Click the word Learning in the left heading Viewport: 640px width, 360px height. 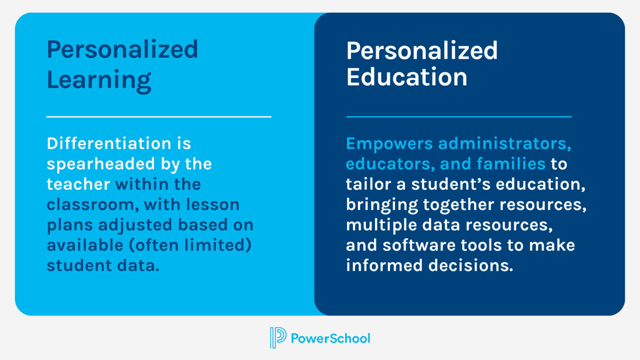[99, 80]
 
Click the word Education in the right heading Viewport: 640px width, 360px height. [407, 77]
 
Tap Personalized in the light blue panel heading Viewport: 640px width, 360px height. [122, 50]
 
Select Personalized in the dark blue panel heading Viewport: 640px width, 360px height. [422, 51]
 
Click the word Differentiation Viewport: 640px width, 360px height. [109, 143]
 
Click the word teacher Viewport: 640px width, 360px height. [78, 184]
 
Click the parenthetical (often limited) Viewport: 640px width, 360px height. [190, 245]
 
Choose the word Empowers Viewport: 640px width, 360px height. [389, 144]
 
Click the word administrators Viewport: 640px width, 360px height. [504, 143]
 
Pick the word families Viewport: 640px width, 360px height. [511, 164]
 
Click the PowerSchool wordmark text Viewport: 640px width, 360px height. [330, 338]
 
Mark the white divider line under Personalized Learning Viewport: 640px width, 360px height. [159, 117]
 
